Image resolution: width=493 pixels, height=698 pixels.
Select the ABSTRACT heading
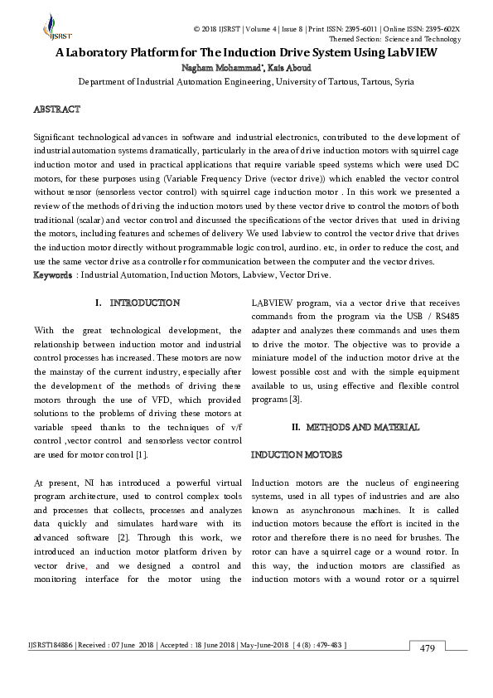[x=56, y=109]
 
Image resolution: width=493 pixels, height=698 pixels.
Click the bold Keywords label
[x=51, y=274]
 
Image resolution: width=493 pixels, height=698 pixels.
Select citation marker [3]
[x=307, y=400]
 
